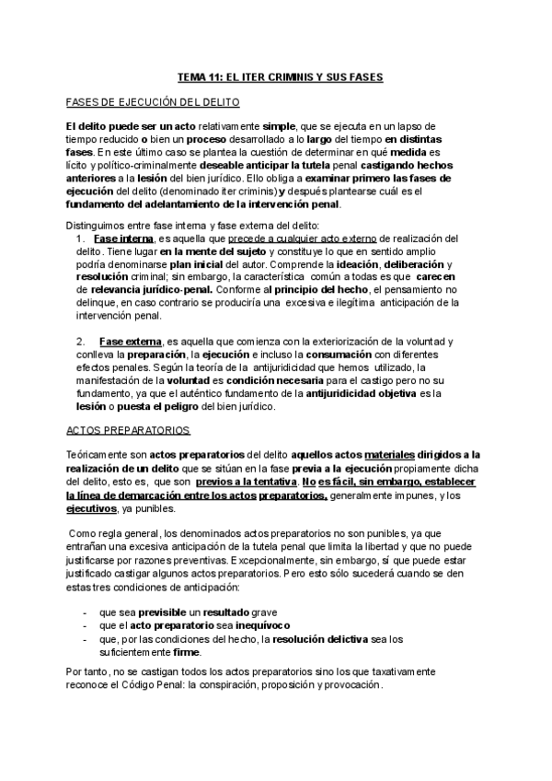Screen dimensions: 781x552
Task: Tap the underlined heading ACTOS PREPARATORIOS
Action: tap(128, 430)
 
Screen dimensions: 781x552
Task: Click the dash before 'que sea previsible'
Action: tap(85, 612)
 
